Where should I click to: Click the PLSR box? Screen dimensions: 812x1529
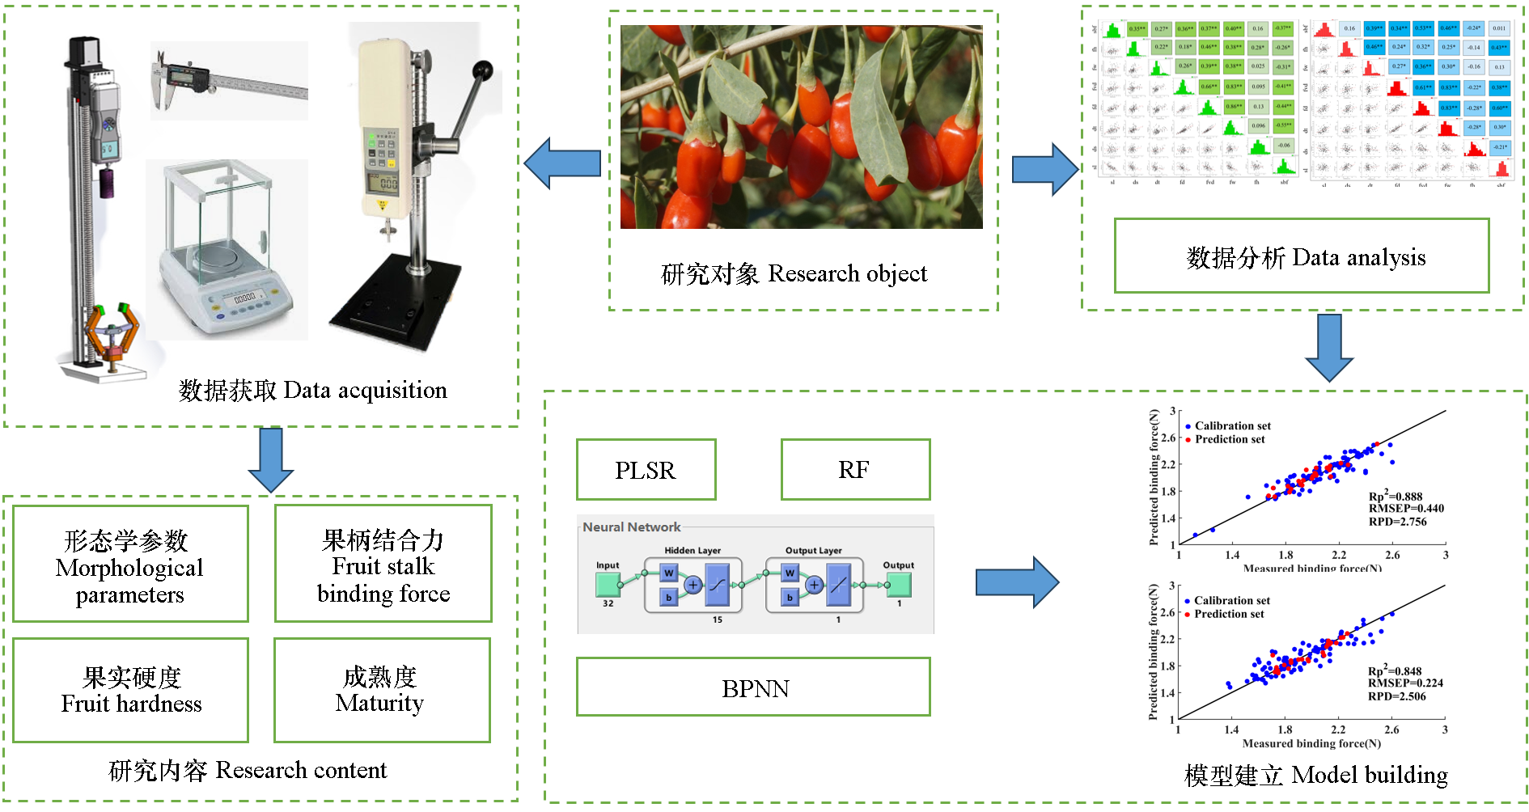coord(646,470)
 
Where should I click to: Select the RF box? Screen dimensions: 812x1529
coord(855,470)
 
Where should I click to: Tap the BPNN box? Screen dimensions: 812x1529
coord(753,687)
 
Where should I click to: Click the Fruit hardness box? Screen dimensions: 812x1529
coord(131,690)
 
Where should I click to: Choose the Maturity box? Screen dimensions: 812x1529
coord(382,690)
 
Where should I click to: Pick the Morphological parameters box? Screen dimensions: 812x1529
coord(130,565)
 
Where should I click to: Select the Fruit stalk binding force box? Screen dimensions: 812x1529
coord(383,565)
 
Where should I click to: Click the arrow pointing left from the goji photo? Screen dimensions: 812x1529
coord(562,163)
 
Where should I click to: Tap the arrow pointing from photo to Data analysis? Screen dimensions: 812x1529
coord(1044,169)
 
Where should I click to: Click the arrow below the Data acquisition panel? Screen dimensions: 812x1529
coord(271,459)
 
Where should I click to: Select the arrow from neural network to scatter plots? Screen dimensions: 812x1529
coord(1017,582)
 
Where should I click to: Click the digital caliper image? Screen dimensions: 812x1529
coord(228,81)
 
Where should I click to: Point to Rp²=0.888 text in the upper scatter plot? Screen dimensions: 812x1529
coord(1395,496)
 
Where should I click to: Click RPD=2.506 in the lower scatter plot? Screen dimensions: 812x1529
coord(1396,696)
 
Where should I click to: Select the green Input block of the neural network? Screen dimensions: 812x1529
coord(608,584)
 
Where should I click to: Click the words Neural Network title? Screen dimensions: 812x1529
coord(632,527)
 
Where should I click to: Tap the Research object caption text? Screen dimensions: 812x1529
coord(794,274)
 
